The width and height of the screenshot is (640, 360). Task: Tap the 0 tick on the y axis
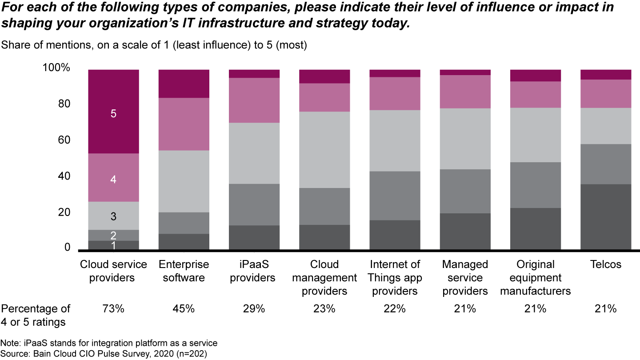(x=67, y=248)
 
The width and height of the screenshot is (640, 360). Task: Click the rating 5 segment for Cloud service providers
(x=113, y=111)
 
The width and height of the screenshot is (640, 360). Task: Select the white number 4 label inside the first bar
(x=113, y=180)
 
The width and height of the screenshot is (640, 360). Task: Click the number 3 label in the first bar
(x=113, y=216)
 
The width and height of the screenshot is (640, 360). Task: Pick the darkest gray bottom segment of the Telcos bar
(x=606, y=216)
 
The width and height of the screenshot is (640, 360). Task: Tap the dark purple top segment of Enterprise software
(x=184, y=84)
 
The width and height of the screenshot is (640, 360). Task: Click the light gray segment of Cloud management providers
(x=324, y=149)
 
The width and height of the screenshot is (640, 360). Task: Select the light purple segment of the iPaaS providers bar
(x=254, y=100)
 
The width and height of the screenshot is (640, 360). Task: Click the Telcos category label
(x=606, y=265)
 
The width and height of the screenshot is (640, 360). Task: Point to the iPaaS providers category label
(x=254, y=271)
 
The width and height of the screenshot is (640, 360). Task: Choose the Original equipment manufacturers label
(x=536, y=278)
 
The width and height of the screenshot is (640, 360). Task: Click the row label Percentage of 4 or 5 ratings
(x=36, y=315)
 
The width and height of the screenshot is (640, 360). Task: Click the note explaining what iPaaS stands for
(x=109, y=343)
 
